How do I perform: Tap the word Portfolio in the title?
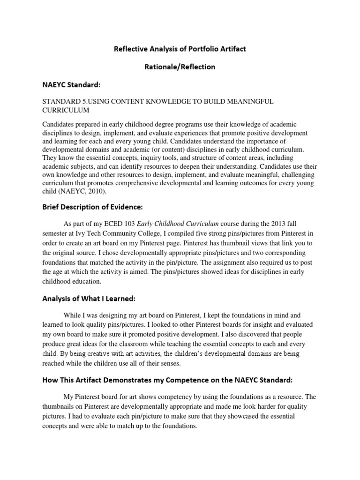196,49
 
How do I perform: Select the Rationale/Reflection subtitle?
180,67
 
